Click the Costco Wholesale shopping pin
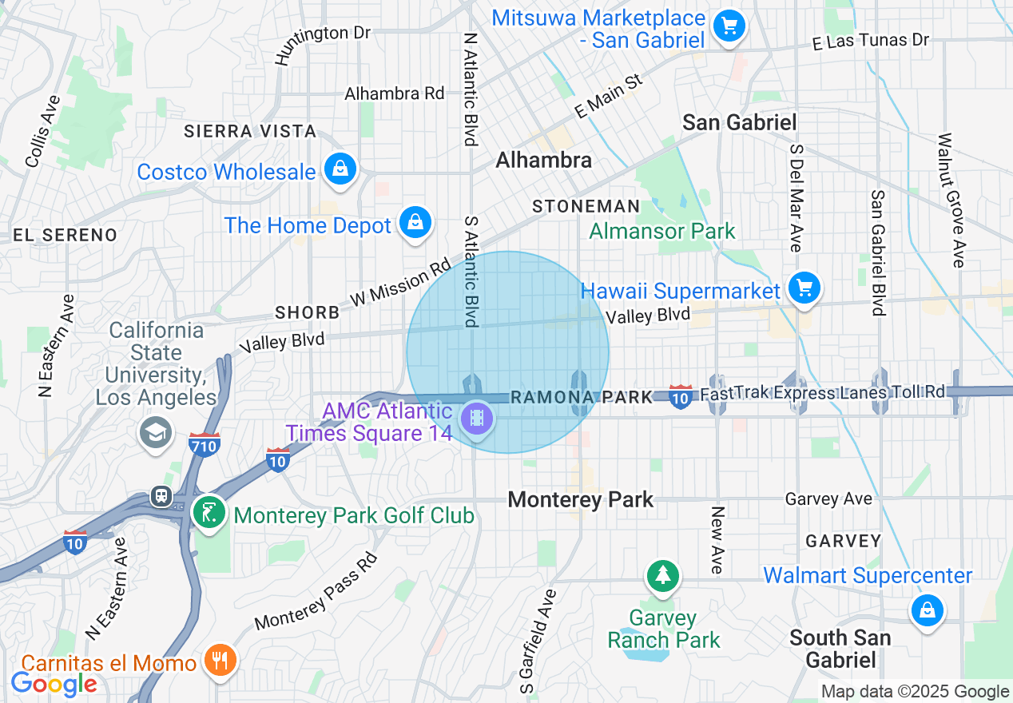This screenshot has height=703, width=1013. pos(340,169)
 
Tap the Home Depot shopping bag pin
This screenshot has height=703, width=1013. pos(415,223)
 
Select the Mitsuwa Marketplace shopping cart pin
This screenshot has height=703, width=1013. pos(729,26)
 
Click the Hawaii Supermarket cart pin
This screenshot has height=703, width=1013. pos(804,288)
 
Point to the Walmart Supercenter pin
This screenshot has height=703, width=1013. pos(927,612)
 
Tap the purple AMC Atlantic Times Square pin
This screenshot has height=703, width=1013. pos(477,418)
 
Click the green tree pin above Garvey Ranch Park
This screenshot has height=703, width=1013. pos(662,576)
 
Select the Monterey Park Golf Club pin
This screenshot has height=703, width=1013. pos(209,512)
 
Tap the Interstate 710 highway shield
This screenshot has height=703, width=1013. pos(204,444)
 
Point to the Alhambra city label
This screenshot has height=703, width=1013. pos(543,161)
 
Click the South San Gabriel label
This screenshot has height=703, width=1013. pos(840,649)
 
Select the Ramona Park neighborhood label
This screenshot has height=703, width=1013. pos(581,397)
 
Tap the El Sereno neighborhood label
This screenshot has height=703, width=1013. pos(65,235)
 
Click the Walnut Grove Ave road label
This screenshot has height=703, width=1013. pos(952,200)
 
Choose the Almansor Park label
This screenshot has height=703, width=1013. pos(662,232)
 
